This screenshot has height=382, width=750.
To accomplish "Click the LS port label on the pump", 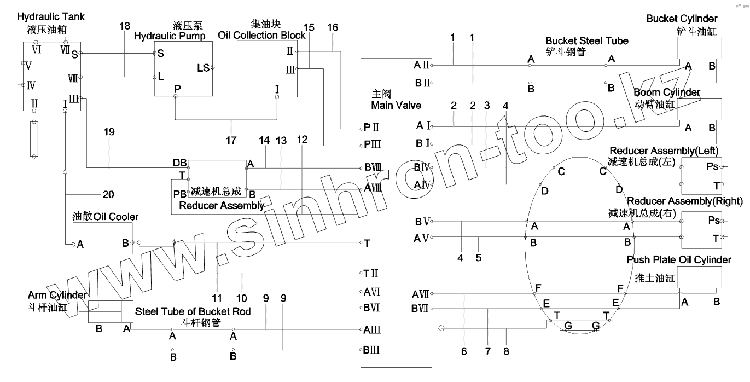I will (x=203, y=68).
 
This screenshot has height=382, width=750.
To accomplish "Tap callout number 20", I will (x=108, y=194).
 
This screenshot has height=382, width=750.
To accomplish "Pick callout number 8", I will (x=506, y=351).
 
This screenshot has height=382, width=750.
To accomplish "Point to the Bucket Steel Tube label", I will (x=586, y=41).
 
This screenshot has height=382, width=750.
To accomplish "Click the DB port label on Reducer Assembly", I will (x=179, y=163).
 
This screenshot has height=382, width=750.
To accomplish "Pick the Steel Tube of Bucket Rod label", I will (x=193, y=311).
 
